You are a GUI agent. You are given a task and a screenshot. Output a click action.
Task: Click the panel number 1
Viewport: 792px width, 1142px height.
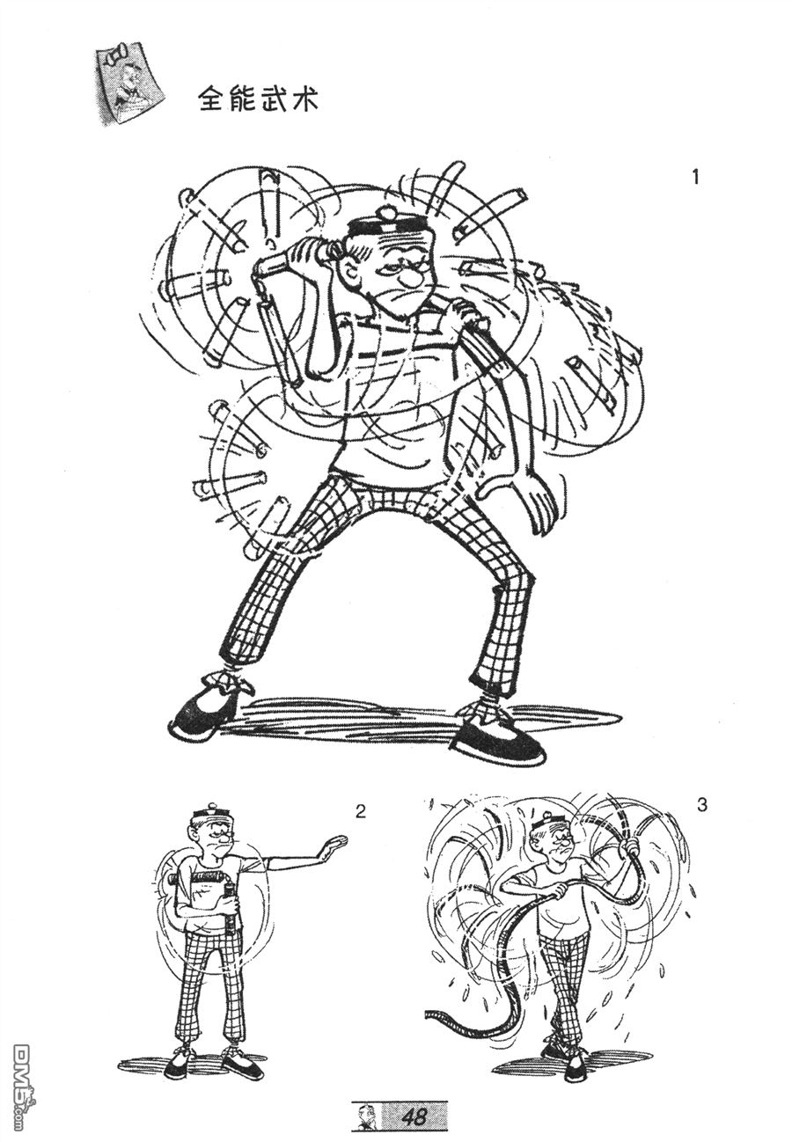click(x=695, y=177)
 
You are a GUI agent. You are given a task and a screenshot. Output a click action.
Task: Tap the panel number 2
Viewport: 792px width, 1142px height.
click(x=361, y=811)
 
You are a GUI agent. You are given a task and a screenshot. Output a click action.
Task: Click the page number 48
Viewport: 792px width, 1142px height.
click(x=414, y=1116)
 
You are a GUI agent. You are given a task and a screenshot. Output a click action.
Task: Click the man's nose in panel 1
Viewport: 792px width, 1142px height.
click(x=407, y=277)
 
